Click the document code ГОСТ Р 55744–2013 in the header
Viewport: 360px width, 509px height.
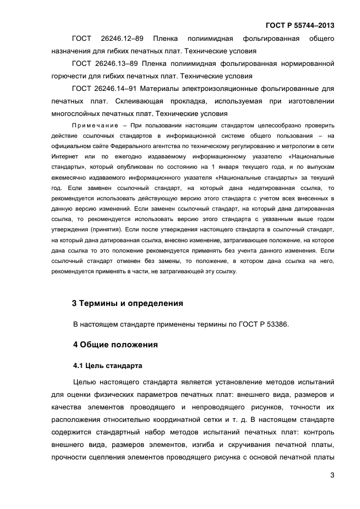[300, 25]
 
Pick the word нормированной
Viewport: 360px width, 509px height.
[308, 64]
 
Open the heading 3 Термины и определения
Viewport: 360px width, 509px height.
[127, 303]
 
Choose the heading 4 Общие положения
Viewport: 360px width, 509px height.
[115, 345]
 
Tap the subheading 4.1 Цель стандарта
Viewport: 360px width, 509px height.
[108, 365]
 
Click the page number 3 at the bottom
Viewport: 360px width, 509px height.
[332, 475]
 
